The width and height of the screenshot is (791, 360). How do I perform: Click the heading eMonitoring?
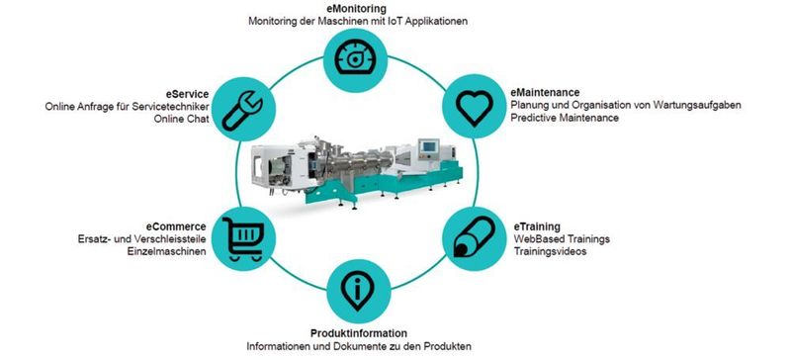357,8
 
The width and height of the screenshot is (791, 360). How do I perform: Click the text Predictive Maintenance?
565,119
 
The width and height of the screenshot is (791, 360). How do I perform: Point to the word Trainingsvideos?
550,252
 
